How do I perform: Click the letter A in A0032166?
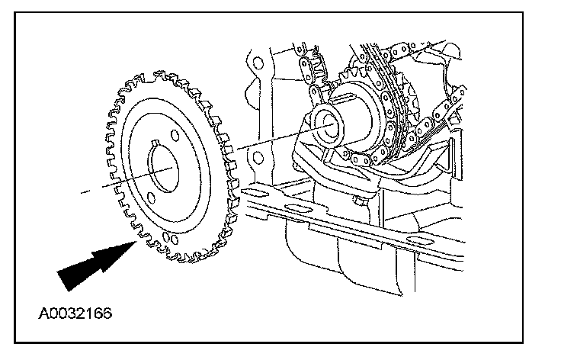pos(41,313)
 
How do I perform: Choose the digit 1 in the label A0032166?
pos(86,313)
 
